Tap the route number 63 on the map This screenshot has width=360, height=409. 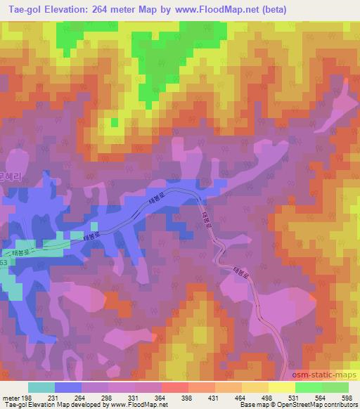pyautogui.click(x=4, y=261)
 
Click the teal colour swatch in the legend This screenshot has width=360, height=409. pyautogui.click(x=41, y=387)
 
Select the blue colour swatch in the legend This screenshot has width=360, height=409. pyautogui.click(x=68, y=387)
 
